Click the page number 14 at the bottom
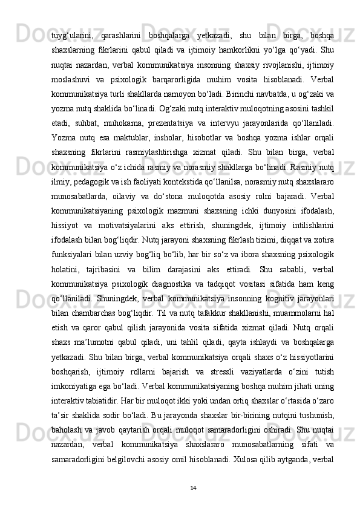192,487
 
